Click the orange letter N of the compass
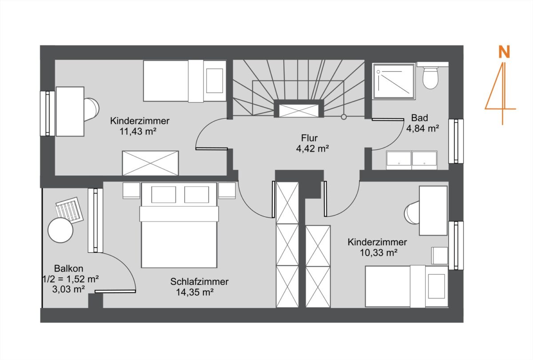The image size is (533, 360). [504, 52]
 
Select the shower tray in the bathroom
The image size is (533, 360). [394, 81]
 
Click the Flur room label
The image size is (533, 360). [309, 138]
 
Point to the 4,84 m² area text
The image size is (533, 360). [422, 128]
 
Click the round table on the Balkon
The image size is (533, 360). [60, 230]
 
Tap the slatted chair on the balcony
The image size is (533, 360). [69, 210]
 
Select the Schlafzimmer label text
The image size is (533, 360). [199, 282]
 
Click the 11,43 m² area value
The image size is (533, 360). [138, 131]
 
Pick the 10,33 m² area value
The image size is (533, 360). [378, 252]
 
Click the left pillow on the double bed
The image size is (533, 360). [164, 195]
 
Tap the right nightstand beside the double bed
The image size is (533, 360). [227, 190]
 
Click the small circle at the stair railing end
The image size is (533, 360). [344, 117]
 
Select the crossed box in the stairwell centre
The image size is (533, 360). [298, 111]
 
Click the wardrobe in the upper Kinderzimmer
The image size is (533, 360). [150, 163]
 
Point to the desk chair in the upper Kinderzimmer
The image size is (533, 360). [91, 109]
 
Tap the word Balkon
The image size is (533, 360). [68, 268]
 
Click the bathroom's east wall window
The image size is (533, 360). [456, 141]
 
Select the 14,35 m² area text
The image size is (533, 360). [195, 292]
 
